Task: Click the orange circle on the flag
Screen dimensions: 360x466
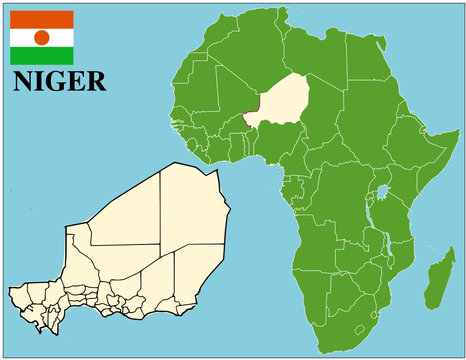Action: (41, 37)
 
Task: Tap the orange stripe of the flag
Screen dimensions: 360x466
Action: (41, 19)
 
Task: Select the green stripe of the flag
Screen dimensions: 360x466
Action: (41, 56)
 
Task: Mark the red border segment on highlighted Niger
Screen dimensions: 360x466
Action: (246, 119)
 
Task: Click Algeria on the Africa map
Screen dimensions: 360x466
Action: (240, 60)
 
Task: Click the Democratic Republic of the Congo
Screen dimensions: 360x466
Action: (340, 205)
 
